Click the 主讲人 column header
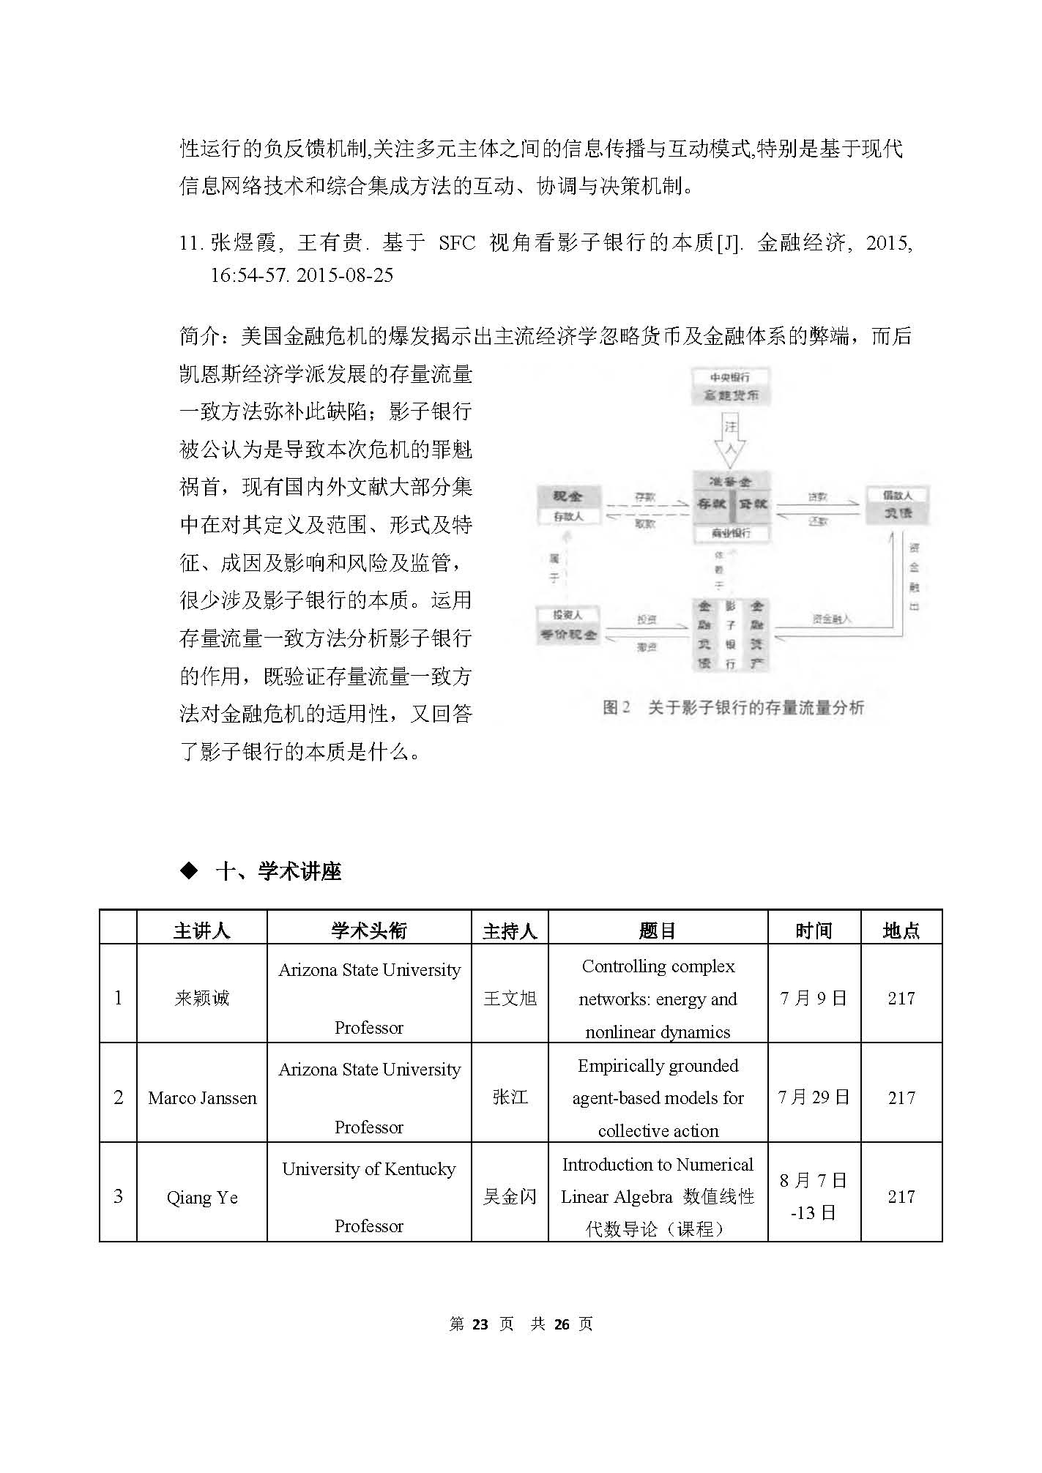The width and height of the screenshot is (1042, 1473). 201,931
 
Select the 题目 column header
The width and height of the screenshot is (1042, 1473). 657,931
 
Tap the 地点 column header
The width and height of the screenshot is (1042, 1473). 901,931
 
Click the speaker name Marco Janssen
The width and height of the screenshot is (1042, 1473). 202,1097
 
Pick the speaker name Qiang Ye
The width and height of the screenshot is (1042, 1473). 202,1197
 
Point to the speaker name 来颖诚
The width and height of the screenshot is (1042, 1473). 202,998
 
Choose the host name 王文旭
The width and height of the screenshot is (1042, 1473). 510,998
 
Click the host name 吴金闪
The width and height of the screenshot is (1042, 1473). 510,1197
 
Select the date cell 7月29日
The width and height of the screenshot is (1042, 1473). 814,1097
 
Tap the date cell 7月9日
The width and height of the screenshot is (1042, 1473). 814,998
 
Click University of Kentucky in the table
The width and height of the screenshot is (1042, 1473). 369,1169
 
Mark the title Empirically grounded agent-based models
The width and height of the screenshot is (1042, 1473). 658,1097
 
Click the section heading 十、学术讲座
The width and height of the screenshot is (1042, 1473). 278,871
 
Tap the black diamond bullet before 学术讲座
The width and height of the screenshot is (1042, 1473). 189,870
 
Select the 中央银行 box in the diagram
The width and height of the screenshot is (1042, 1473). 730,387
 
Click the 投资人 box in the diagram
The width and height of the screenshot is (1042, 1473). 567,625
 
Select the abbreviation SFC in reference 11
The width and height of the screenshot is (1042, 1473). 457,243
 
